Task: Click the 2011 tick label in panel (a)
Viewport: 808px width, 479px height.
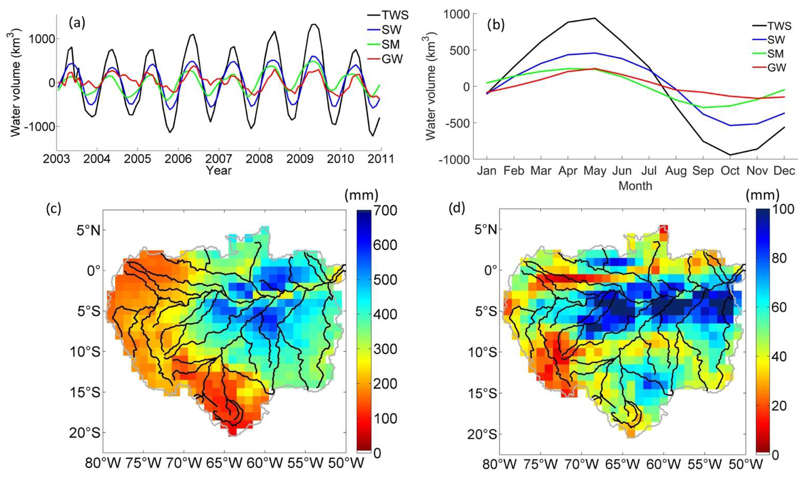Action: tap(381, 159)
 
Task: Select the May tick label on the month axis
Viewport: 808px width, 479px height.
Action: tap(595, 170)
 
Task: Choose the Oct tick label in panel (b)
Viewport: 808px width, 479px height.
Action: tap(730, 170)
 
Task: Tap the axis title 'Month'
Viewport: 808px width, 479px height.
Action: tap(635, 186)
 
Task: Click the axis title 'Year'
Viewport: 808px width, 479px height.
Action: tap(219, 170)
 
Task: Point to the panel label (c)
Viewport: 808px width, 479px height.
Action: tap(54, 209)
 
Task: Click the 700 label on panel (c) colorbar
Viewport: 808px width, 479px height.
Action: tap(385, 210)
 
